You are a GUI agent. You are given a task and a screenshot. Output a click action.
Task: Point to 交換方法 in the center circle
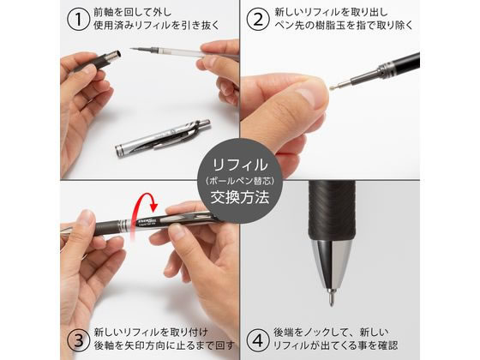[240, 197]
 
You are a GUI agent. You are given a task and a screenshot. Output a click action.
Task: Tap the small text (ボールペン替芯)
[240, 179]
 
